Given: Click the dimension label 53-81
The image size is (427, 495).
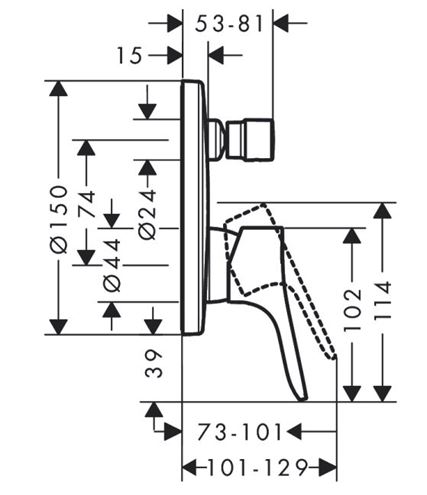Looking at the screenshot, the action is pos(229,24).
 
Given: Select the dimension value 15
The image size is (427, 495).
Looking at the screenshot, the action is pos(130,55).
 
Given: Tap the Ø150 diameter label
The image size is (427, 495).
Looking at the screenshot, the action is pos(59,219).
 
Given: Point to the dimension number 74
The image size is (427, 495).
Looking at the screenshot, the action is pos(86,204).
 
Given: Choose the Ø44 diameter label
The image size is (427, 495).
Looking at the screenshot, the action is pos(112,265).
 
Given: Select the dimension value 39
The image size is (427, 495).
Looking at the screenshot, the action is pos(154,363).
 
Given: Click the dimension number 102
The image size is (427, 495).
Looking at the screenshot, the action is pos(352,310).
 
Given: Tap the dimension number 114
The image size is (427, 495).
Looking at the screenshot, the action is pos(382,300).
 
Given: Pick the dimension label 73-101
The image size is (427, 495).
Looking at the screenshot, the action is pos(239,432).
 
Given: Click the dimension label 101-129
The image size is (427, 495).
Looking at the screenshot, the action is pos(257,467).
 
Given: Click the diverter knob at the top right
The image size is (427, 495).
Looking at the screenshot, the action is pos(250,140).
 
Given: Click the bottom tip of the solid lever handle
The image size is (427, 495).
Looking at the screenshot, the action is pos(303,398).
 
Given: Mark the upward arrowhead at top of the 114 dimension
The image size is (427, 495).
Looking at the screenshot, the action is pos(382,210).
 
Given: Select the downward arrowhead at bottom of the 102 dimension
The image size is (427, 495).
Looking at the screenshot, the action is pos(352,394).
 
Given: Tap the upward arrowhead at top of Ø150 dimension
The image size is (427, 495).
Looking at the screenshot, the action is pos(59,88).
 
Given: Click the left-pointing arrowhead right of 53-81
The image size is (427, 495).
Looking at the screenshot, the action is pos(281,23).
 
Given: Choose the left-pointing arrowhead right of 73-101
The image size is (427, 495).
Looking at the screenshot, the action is pos(294,432).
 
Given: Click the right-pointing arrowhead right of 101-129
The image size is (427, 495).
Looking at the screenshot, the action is pos(328,467).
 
